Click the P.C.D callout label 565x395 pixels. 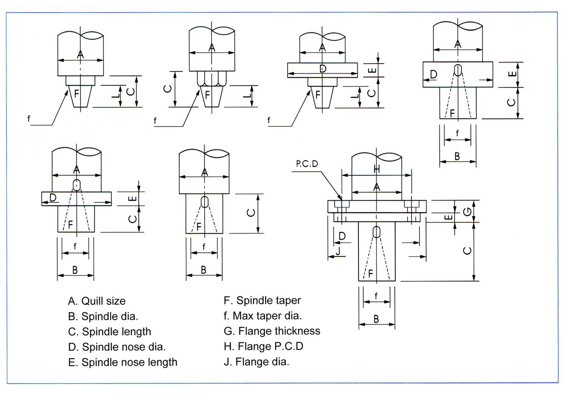pyautogui.click(x=307, y=164)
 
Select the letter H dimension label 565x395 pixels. pyautogui.click(x=377, y=170)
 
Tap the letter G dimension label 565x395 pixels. pyautogui.click(x=467, y=211)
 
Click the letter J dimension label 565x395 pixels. pyautogui.click(x=338, y=251)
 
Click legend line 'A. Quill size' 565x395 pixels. pyautogui.click(x=97, y=301)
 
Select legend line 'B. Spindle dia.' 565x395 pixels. pyautogui.click(x=103, y=316)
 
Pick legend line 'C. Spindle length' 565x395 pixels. pyautogui.click(x=109, y=332)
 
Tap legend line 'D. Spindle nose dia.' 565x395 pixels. pyautogui.click(x=117, y=347)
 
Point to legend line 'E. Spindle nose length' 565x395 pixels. pyautogui.click(x=122, y=362)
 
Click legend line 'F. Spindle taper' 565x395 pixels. pyautogui.click(x=262, y=300)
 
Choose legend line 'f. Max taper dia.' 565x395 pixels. pyautogui.click(x=263, y=316)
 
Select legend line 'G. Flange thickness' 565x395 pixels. pyautogui.click(x=272, y=331)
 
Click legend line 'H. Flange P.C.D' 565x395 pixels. pyautogui.click(x=263, y=346)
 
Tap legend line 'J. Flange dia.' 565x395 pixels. pyautogui.click(x=256, y=362)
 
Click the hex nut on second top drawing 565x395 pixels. pyautogui.click(x=212, y=79)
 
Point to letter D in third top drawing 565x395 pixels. pyautogui.click(x=323, y=69)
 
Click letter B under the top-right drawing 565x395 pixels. pyautogui.click(x=457, y=156)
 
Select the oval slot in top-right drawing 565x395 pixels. pyautogui.click(x=458, y=70)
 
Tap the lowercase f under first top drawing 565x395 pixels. pyautogui.click(x=29, y=119)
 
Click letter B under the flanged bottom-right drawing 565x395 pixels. pyautogui.click(x=376, y=319)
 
